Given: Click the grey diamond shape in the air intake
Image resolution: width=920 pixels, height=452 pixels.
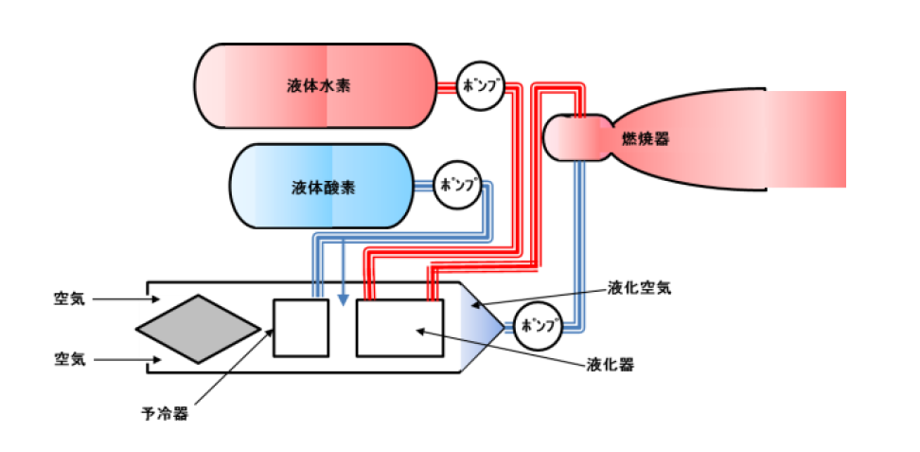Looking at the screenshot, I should [x=198, y=329].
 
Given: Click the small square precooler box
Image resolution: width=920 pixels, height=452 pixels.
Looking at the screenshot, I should [x=301, y=328].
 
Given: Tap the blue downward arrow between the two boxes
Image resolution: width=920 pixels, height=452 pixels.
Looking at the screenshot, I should [x=342, y=270].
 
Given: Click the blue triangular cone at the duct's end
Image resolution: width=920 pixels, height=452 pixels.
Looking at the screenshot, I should [x=484, y=328].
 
